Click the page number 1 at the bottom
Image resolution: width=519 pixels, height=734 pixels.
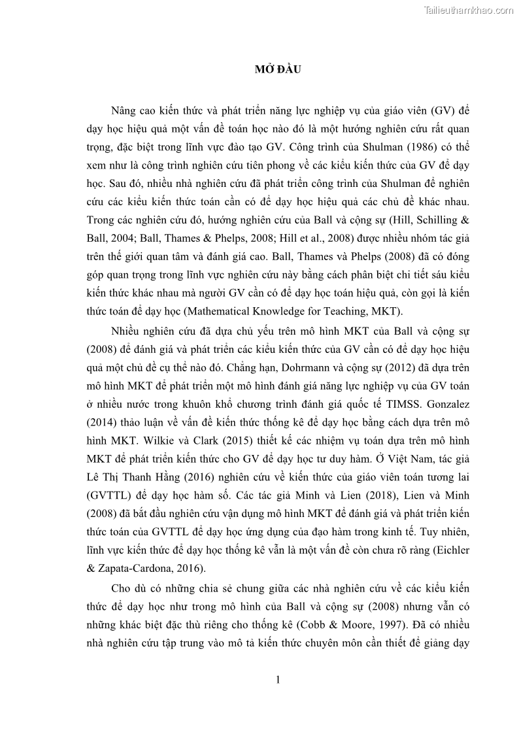278,680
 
